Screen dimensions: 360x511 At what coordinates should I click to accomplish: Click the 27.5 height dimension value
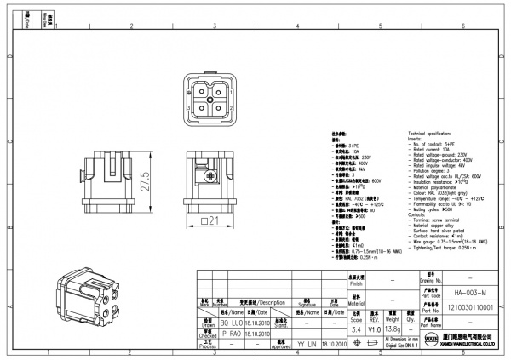[x=146, y=180]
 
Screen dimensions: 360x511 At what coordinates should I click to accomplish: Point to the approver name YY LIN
[x=307, y=346]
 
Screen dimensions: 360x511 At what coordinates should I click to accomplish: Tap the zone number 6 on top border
[x=461, y=27]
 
